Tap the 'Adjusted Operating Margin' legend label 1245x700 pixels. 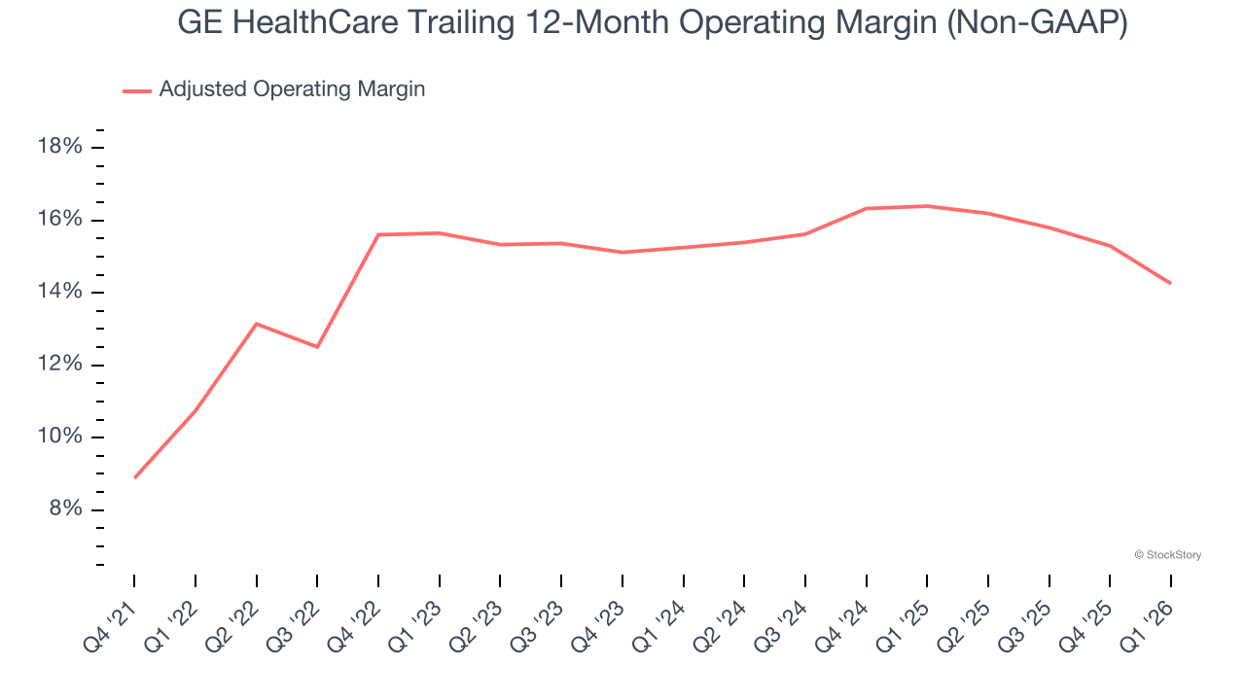click(292, 89)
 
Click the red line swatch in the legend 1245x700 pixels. click(137, 90)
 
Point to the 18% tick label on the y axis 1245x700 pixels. click(58, 147)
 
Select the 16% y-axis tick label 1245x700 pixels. click(58, 220)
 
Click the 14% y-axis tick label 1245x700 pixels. click(58, 293)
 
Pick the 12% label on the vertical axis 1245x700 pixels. click(58, 365)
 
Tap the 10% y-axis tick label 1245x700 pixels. click(58, 437)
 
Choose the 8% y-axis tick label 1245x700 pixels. click(64, 509)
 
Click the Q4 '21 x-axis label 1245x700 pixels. click(113, 615)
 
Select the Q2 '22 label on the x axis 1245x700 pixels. click(235, 615)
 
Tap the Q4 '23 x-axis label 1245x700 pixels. click(601, 615)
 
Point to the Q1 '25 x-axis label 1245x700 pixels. click(906, 615)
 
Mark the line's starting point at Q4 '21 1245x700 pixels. click(134, 477)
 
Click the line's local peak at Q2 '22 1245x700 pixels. click(256, 324)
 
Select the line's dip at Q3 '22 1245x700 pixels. click(317, 347)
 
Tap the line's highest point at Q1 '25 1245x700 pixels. click(927, 206)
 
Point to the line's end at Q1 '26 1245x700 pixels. click(1170, 283)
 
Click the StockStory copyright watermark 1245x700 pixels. click(1168, 555)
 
